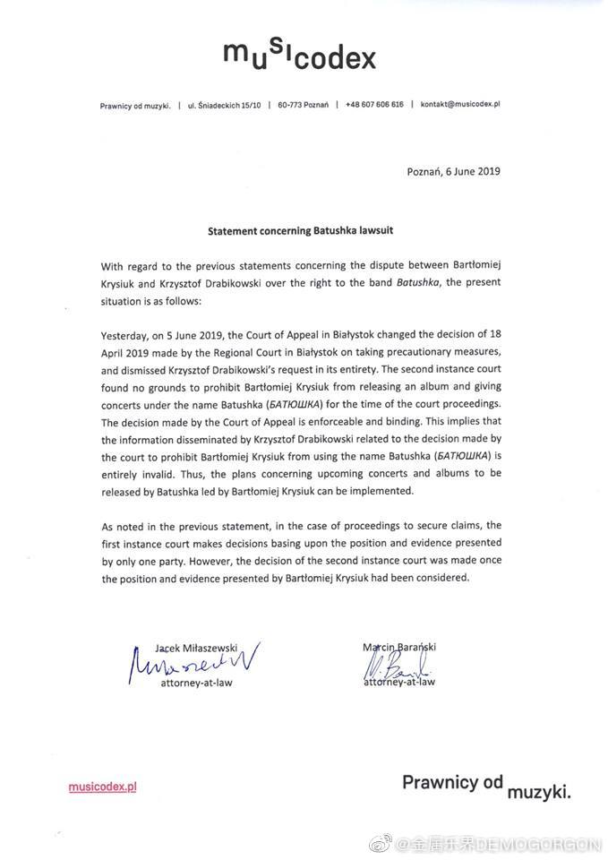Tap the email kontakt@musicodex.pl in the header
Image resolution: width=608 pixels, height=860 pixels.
point(459,105)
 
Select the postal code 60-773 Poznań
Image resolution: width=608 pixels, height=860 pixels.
point(303,105)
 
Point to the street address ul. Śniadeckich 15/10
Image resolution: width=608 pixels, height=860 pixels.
point(224,105)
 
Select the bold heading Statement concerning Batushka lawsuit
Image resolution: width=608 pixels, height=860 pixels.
point(300,230)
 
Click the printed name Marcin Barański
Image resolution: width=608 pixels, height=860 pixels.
point(398,646)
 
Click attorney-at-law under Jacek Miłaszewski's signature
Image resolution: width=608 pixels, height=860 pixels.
point(197,683)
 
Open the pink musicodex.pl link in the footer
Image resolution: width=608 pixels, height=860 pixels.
point(102,787)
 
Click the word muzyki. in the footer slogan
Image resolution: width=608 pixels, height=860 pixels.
point(538,792)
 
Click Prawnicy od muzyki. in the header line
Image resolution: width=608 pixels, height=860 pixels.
point(134,105)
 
